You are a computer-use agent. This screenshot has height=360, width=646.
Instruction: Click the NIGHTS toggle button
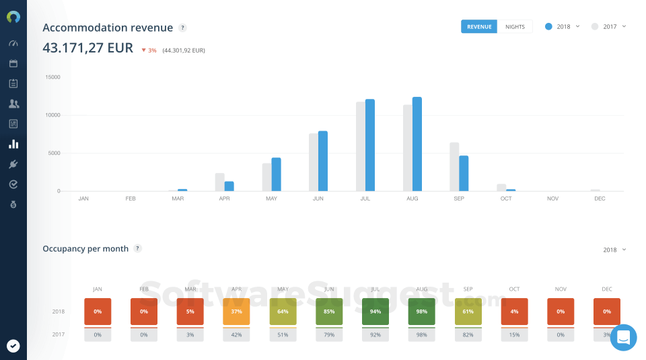(515, 27)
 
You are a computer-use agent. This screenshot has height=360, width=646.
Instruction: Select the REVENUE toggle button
(479, 27)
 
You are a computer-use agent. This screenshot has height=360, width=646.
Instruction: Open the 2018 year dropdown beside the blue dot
(563, 27)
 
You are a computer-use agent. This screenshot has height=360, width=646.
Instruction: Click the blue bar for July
(370, 145)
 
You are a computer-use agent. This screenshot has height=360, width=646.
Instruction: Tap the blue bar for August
(417, 144)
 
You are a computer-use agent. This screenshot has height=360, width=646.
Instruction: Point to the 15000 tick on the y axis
(52, 77)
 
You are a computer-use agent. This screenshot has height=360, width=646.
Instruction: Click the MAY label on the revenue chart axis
(271, 199)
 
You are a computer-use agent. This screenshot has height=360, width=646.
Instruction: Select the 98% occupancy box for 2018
(421, 312)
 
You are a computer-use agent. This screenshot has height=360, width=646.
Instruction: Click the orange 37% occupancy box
(236, 312)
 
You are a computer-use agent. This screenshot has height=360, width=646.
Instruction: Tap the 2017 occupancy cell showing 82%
(468, 334)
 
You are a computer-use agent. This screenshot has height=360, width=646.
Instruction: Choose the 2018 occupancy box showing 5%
(190, 312)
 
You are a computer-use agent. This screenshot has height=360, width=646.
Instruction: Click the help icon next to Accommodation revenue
(182, 28)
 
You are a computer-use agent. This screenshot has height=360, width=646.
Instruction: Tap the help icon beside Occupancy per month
(137, 248)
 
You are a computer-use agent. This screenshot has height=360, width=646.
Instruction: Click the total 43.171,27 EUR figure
(87, 48)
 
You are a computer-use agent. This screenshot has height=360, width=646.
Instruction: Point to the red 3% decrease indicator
(149, 50)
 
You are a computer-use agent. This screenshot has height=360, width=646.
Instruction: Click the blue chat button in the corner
(623, 337)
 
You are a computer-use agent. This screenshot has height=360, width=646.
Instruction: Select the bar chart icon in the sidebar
(13, 144)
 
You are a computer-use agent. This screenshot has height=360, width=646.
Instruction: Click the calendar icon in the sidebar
(13, 63)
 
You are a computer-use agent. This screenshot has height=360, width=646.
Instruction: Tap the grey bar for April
(219, 182)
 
